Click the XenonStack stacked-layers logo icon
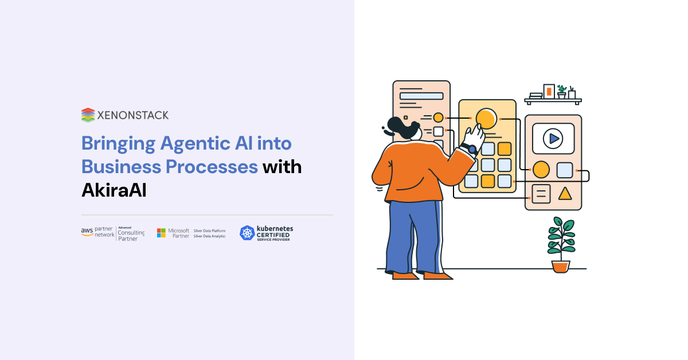[87, 115]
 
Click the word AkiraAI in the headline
[114, 190]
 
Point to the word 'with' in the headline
[282, 166]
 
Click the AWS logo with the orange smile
[87, 232]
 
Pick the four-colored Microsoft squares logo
[162, 232]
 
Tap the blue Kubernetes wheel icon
[247, 233]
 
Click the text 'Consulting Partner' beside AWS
[131, 234]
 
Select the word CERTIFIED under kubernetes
[273, 234]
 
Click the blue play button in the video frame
[553, 138]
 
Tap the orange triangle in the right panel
[565, 193]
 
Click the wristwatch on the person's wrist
[472, 150]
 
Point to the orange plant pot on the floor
[561, 266]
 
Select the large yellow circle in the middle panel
[486, 119]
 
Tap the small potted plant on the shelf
[561, 91]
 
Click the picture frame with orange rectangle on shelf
[549, 91]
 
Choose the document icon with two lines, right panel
[541, 194]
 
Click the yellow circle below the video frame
[541, 170]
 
